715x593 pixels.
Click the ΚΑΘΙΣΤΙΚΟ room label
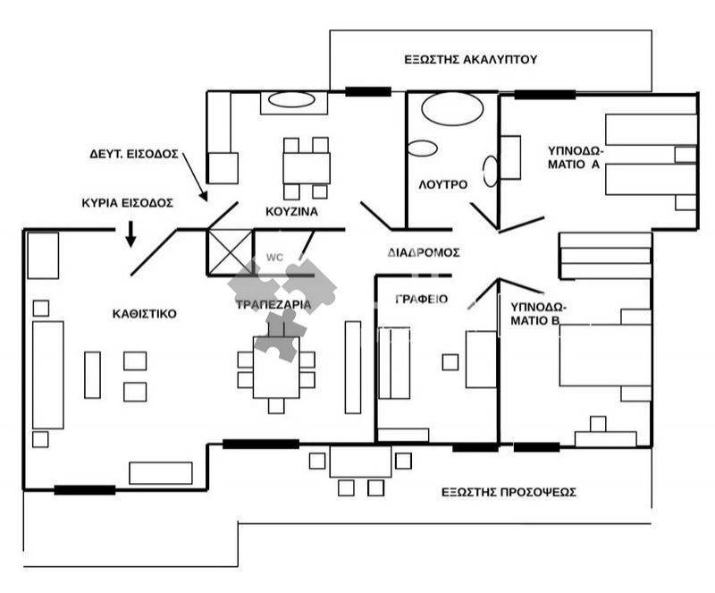(145, 314)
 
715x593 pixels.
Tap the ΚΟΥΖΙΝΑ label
(292, 212)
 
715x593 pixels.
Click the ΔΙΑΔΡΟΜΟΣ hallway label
(424, 252)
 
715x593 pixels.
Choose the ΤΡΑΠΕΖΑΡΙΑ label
(273, 304)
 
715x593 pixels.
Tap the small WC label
(273, 258)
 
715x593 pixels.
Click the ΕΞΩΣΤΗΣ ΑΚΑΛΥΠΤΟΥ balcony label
(469, 60)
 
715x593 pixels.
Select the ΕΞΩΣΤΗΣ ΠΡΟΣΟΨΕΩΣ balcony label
(509, 492)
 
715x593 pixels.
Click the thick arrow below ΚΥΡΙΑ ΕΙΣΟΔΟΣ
(130, 234)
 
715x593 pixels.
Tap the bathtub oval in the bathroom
(450, 110)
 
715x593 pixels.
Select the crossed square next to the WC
(230, 251)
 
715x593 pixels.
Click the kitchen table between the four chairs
(306, 167)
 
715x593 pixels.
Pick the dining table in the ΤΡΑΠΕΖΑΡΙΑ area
(276, 369)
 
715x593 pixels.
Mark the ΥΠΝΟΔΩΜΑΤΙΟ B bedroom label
(538, 312)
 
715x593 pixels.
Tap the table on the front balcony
(360, 462)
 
